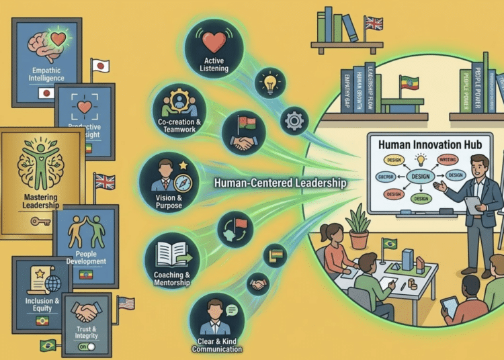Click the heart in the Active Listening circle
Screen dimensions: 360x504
click(212, 44)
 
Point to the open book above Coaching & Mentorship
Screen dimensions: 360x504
click(172, 255)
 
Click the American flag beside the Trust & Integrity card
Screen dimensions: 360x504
click(126, 303)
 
